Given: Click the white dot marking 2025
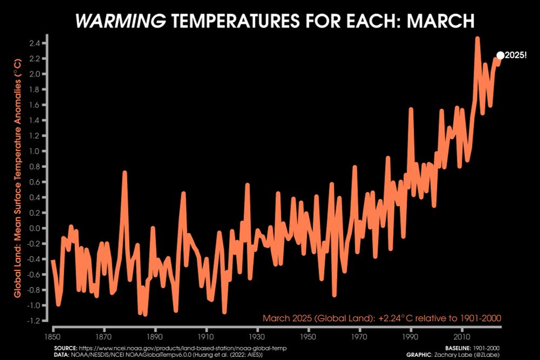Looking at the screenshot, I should pyautogui.click(x=500, y=55).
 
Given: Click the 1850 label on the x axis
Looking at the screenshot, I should pyautogui.click(x=53, y=336).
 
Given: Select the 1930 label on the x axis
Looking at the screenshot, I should pyautogui.click(x=258, y=336).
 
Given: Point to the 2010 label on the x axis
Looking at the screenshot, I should pyautogui.click(x=462, y=336).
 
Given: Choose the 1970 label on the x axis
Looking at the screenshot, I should pyautogui.click(x=360, y=336).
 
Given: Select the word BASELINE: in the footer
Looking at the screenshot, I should pyautogui.click(x=460, y=348).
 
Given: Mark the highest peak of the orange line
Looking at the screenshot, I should pyautogui.click(x=477, y=38).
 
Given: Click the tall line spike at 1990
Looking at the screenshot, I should pyautogui.click(x=411, y=110).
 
